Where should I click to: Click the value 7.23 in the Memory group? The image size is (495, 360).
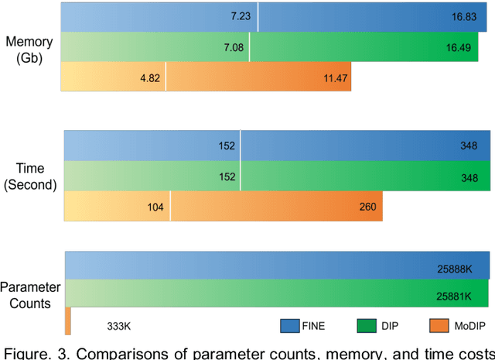[240, 15]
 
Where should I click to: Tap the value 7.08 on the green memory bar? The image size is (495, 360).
[234, 48]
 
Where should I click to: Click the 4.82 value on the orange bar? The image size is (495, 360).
[151, 78]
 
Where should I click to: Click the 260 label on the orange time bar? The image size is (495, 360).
[367, 207]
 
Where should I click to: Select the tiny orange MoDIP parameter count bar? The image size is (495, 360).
[67, 321]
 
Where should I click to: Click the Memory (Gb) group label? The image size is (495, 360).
[29, 48]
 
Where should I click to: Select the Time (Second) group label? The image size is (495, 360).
[29, 177]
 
